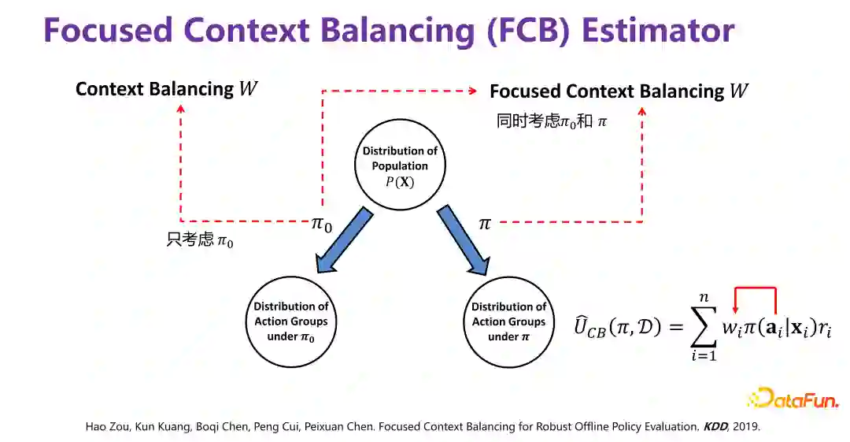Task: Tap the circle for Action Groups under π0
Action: [291, 321]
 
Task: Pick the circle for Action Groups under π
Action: [508, 321]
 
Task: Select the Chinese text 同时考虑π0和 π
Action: [552, 121]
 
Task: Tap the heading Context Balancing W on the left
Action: [166, 89]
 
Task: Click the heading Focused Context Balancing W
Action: [619, 91]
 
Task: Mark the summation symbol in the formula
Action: [703, 326]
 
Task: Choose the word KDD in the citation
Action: [715, 426]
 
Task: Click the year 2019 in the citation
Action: [747, 426]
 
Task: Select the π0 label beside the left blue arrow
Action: [322, 225]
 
